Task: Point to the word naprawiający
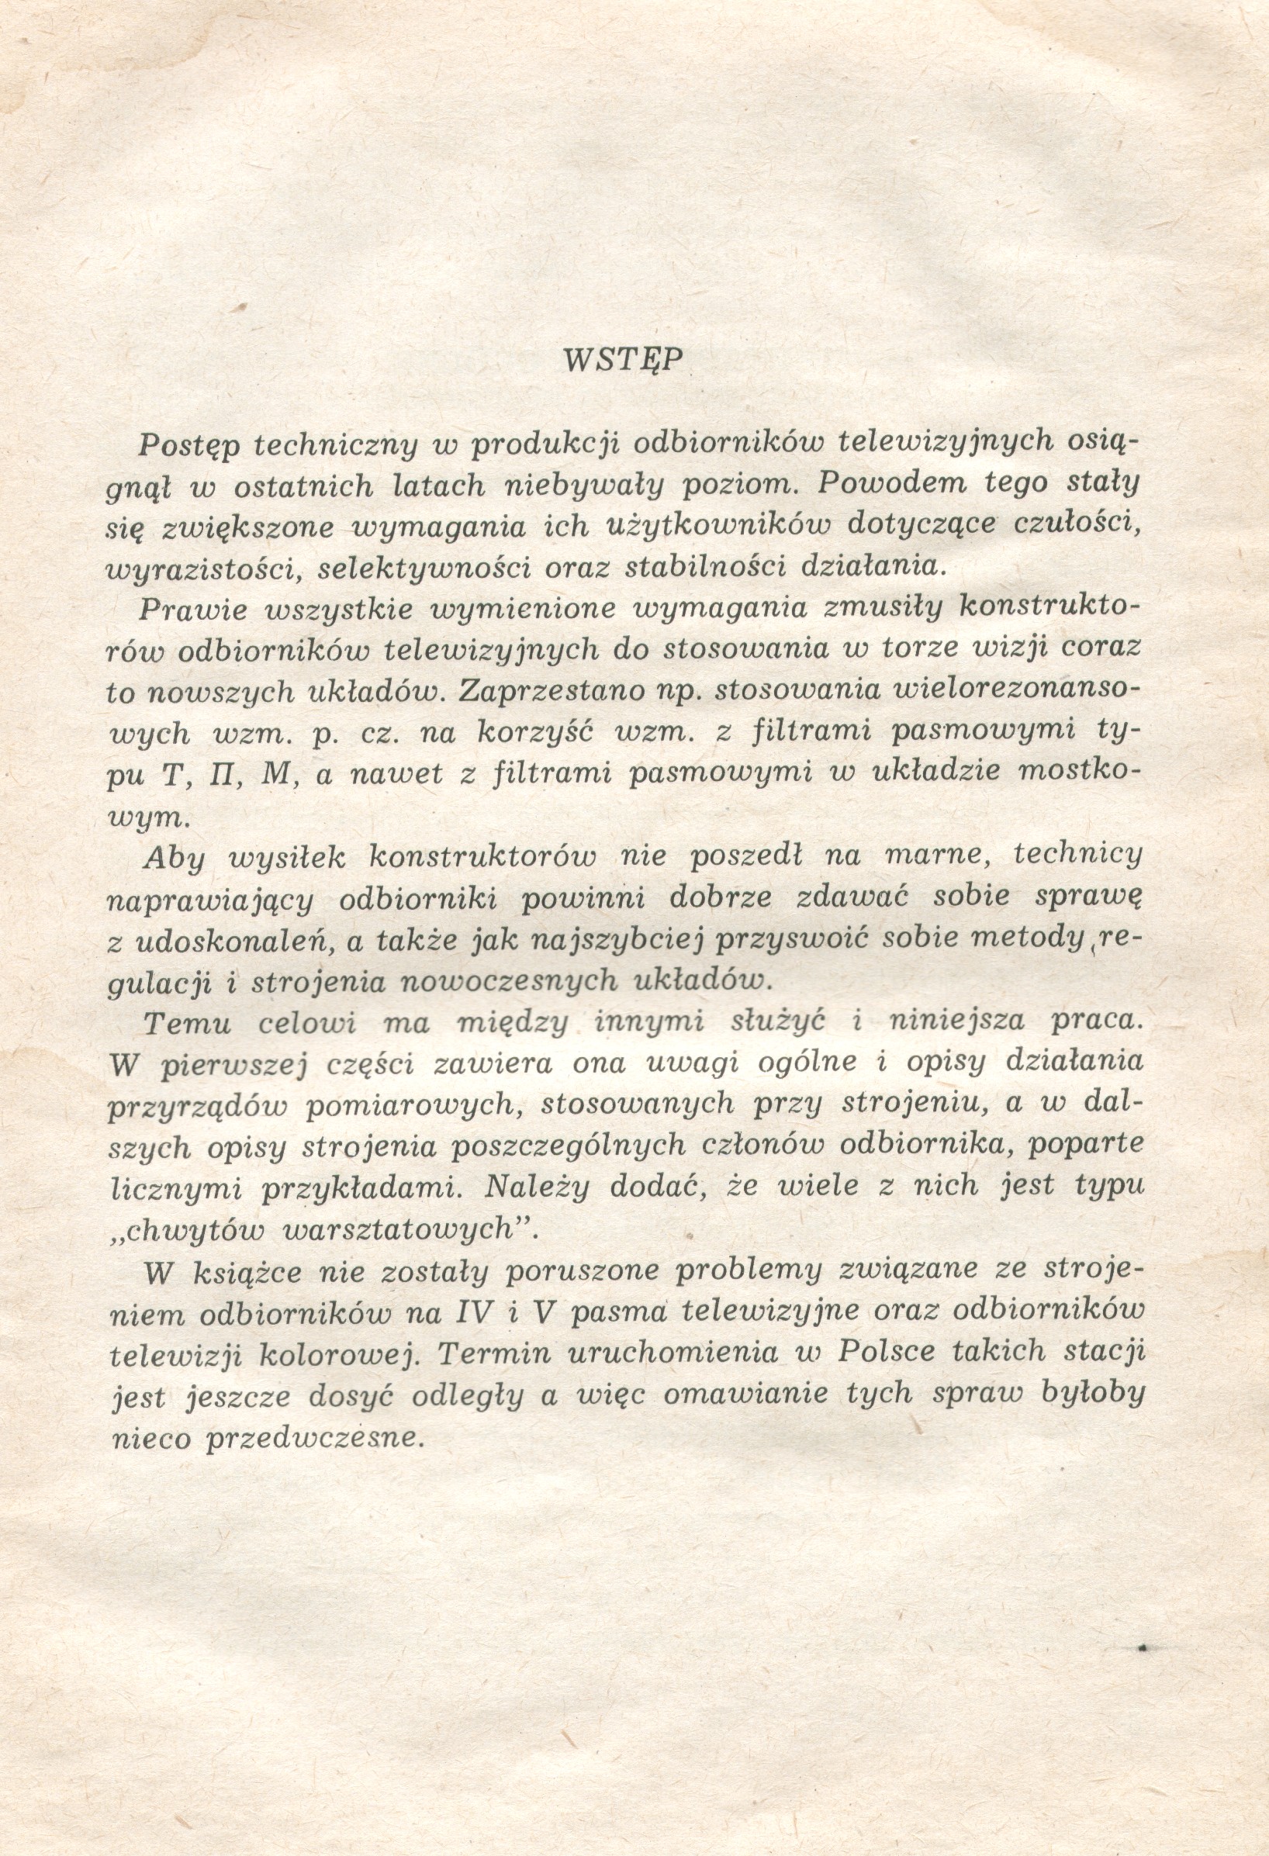[x=209, y=900]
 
